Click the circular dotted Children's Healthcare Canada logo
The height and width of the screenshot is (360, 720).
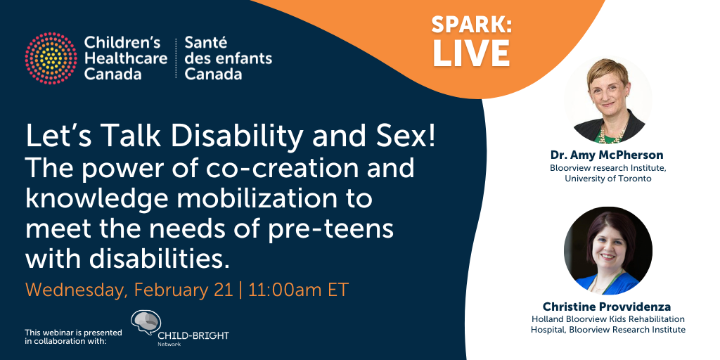[51, 58]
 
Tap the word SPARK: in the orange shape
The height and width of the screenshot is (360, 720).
[472, 25]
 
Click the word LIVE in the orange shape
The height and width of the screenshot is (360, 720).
[472, 53]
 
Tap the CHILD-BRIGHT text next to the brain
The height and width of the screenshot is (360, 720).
[193, 335]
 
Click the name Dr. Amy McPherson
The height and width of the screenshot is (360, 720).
[607, 155]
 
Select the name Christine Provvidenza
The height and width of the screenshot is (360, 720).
[607, 307]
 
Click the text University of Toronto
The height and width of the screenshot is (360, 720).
[608, 179]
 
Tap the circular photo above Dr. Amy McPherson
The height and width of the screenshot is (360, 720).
[607, 100]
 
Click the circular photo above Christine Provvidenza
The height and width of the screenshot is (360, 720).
[607, 251]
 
